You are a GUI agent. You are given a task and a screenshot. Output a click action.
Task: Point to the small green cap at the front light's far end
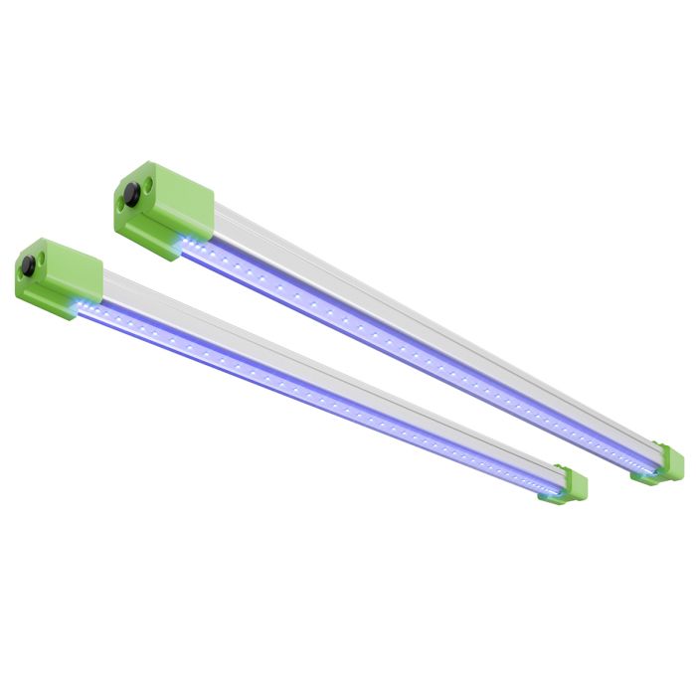569,487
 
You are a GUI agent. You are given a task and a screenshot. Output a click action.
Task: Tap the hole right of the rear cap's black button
149,185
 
